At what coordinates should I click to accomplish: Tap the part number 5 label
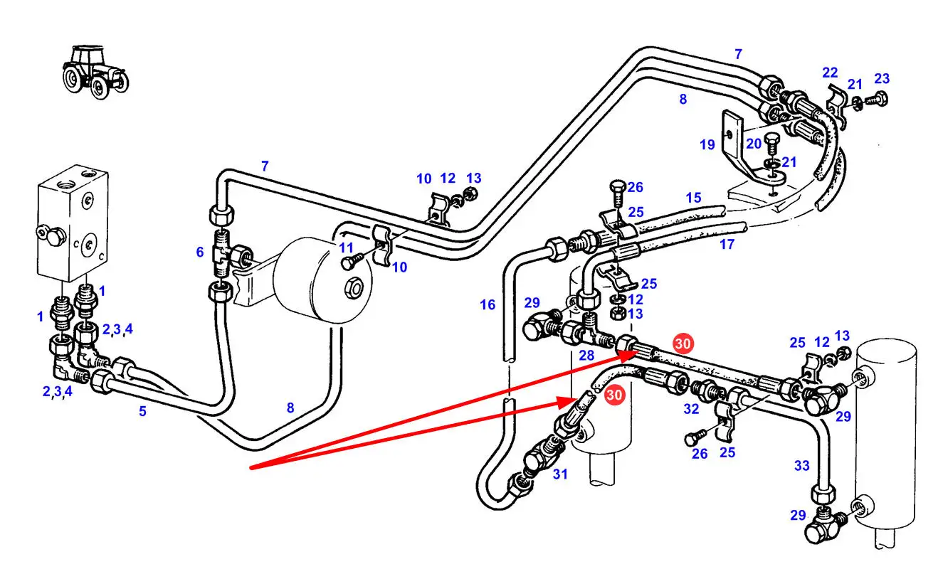142,410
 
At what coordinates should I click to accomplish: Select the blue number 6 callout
200,252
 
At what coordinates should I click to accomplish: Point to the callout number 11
347,248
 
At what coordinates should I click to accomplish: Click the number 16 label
488,304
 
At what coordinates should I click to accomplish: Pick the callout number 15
693,197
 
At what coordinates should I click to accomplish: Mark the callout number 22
830,73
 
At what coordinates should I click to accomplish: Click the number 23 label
882,78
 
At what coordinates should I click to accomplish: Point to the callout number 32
691,409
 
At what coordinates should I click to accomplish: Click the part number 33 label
802,466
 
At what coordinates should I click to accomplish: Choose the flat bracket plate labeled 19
732,139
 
